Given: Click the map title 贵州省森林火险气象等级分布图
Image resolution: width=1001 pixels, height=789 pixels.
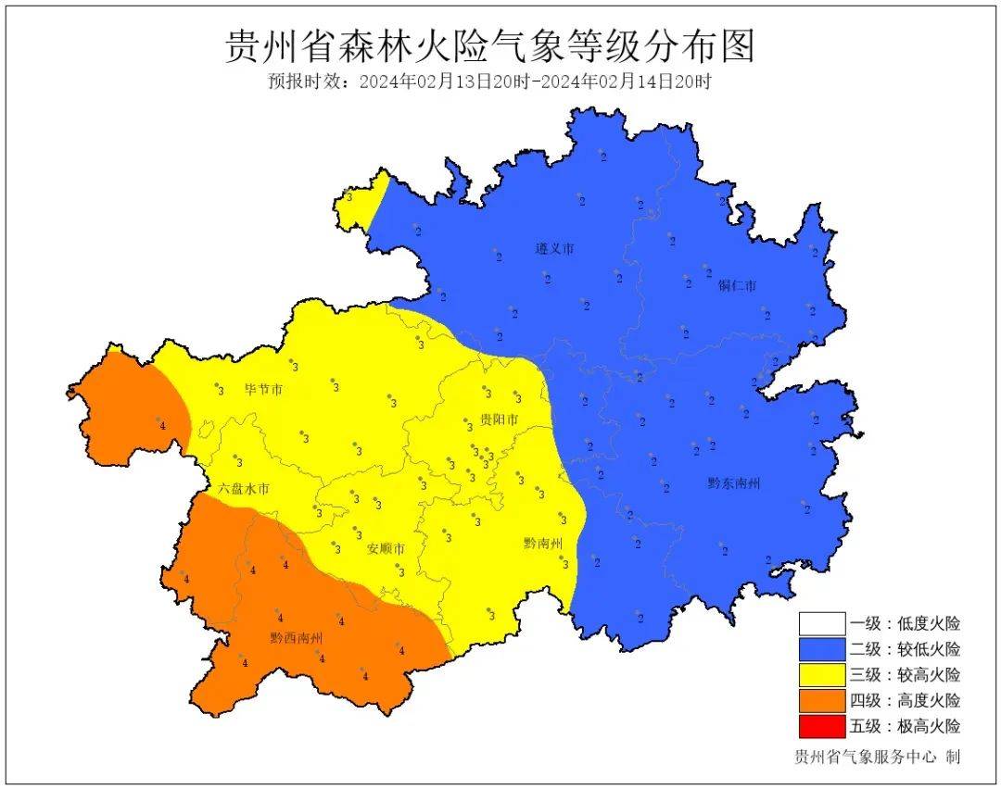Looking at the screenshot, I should click(x=490, y=45).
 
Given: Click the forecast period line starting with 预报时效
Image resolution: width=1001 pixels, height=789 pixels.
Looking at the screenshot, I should click(x=489, y=81).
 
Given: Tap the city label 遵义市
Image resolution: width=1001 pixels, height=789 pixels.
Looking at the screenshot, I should click(x=554, y=249).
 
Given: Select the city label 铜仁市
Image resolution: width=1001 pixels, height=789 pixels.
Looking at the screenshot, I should click(x=737, y=285).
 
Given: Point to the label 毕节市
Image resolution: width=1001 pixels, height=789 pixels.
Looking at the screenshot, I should click(x=263, y=390).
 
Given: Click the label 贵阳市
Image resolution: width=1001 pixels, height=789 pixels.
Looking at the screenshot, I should click(x=499, y=420).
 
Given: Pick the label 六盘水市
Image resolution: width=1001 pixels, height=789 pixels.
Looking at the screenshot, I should click(x=244, y=488).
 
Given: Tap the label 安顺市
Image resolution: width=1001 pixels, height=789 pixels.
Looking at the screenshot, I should click(x=386, y=548).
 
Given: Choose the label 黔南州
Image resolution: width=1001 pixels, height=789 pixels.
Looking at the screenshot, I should click(x=542, y=543).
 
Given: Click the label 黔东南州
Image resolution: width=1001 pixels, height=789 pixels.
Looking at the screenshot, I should click(x=733, y=482).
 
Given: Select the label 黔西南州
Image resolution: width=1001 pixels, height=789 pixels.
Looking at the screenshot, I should click(x=297, y=638).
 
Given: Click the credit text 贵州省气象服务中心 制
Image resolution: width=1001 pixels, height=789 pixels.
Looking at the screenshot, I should click(x=877, y=757).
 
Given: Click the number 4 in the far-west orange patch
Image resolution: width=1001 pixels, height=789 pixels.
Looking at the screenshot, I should click(x=162, y=425).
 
